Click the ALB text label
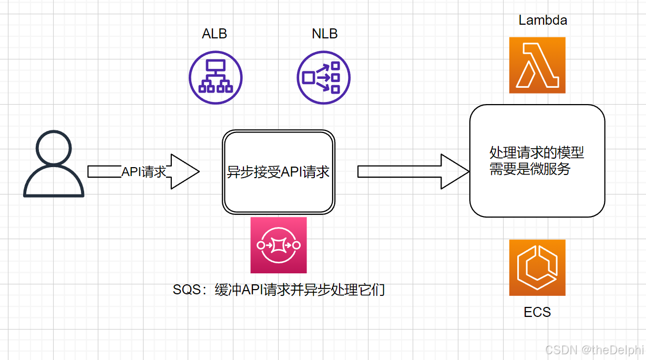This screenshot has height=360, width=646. point(214,34)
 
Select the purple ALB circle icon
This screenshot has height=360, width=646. point(216,78)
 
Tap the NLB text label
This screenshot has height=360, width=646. point(324,34)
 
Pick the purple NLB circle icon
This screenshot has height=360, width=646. point(324,78)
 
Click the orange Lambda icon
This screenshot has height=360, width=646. point(537,65)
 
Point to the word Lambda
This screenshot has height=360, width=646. point(542,20)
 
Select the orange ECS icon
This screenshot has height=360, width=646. point(537,268)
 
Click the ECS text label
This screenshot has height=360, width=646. point(537,312)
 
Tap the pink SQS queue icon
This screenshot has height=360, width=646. point(279,245)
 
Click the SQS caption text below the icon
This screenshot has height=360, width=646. point(279,290)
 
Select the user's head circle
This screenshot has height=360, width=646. point(54,149)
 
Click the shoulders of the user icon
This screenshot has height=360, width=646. point(54,184)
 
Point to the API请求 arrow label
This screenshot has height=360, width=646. point(144,172)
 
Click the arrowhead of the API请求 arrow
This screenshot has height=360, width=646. point(185,171)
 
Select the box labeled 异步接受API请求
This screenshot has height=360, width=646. point(279,172)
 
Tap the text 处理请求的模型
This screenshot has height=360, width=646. point(537,153)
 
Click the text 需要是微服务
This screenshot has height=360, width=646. point(530,169)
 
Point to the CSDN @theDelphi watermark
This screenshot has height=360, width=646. point(593,350)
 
